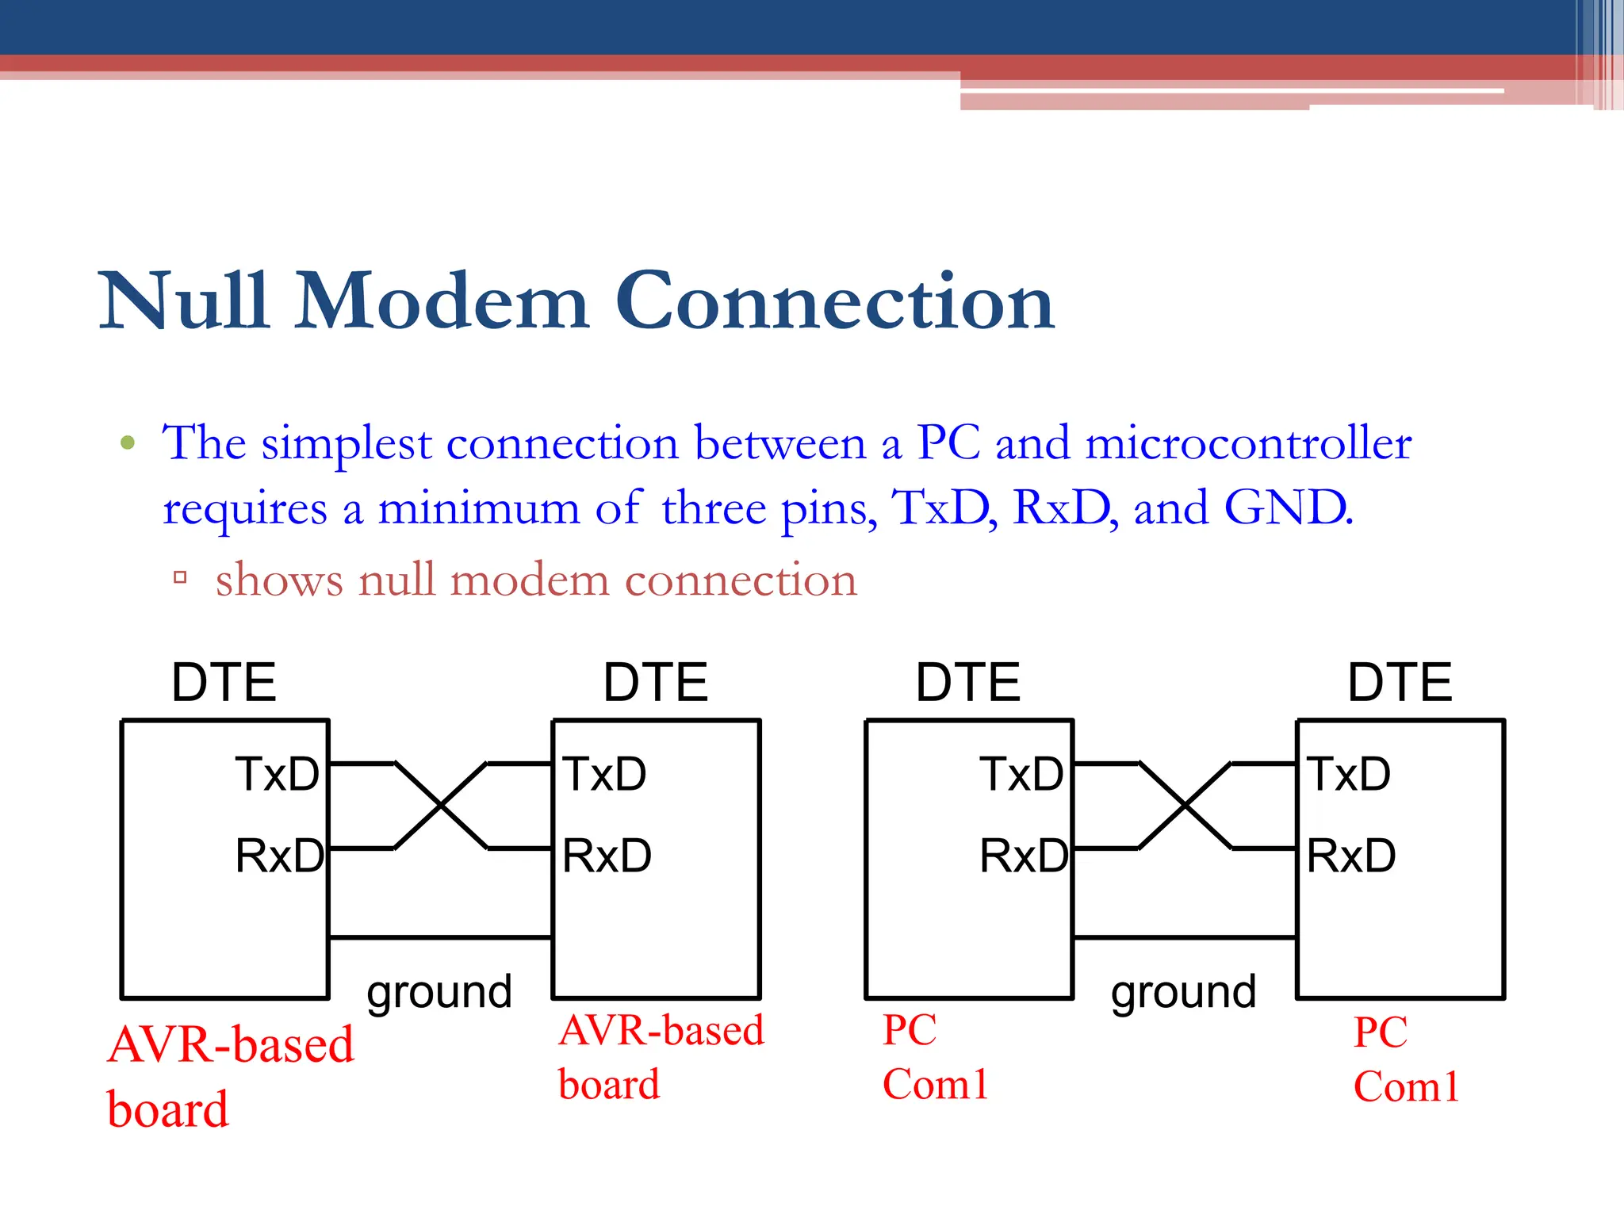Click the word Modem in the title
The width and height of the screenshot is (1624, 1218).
[x=442, y=301]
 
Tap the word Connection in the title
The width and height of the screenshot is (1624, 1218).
[x=834, y=301]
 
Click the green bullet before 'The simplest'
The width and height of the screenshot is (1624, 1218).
[x=128, y=442]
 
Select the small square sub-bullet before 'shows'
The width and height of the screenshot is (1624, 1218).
[x=180, y=577]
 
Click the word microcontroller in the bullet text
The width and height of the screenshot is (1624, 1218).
[x=1248, y=442]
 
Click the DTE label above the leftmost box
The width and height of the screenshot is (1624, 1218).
[x=224, y=682]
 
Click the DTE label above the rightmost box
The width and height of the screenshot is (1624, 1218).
[x=1400, y=682]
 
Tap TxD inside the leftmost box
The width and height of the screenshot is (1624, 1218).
[x=277, y=774]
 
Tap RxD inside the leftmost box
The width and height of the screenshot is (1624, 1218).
[x=279, y=856]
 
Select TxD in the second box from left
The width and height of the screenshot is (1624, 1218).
[x=605, y=774]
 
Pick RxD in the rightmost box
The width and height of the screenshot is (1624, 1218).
[x=1351, y=856]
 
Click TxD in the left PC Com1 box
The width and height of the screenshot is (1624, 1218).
[x=1021, y=774]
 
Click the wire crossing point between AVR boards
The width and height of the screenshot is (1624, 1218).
[x=441, y=806]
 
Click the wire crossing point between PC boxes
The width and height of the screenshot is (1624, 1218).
[x=1185, y=806]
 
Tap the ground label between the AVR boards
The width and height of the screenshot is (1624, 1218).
[x=439, y=992]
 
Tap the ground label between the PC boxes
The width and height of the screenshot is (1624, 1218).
[x=1183, y=992]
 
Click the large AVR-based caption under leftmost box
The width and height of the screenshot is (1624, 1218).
[x=231, y=1045]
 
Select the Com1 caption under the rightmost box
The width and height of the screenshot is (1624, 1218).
[x=1406, y=1086]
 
